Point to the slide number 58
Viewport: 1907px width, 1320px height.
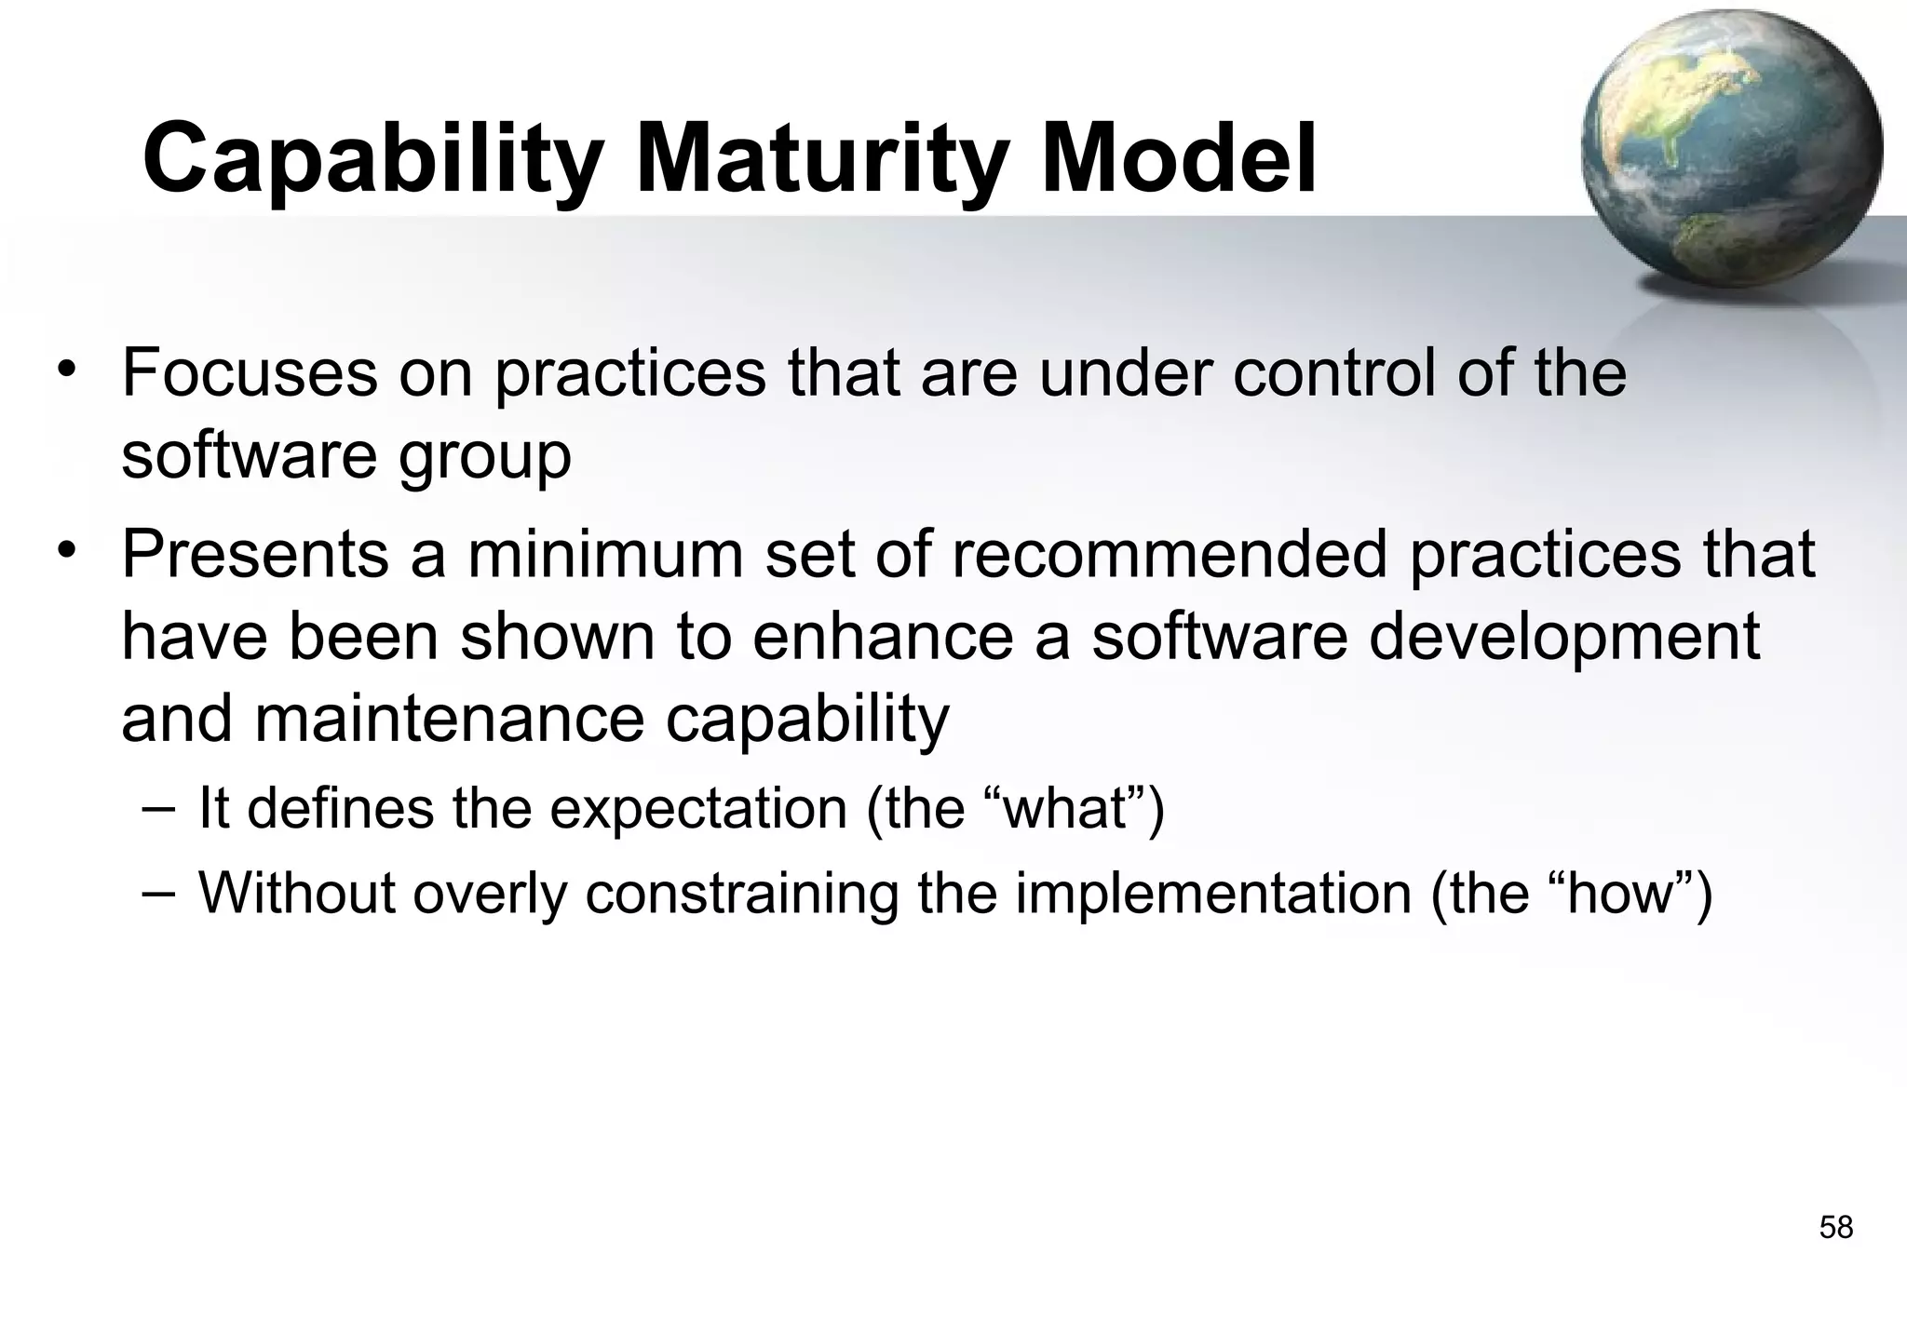[x=1835, y=1228]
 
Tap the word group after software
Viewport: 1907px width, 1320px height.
[x=485, y=456]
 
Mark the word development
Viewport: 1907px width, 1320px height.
[x=1563, y=639]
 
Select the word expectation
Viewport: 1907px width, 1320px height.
[x=697, y=808]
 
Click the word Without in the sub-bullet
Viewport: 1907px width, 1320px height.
[x=297, y=893]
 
